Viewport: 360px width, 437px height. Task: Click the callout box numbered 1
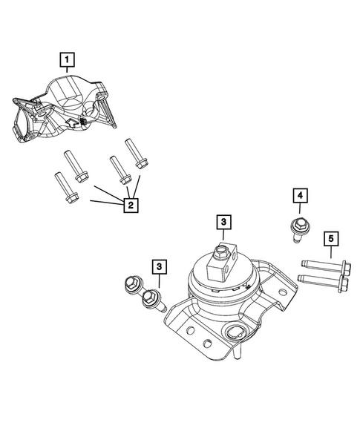point(68,58)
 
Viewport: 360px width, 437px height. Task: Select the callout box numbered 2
point(129,206)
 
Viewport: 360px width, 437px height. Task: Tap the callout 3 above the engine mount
point(223,221)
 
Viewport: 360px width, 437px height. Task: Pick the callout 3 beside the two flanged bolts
point(159,266)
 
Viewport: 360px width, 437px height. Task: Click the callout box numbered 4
point(299,196)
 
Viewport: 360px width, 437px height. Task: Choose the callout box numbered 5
point(331,239)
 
